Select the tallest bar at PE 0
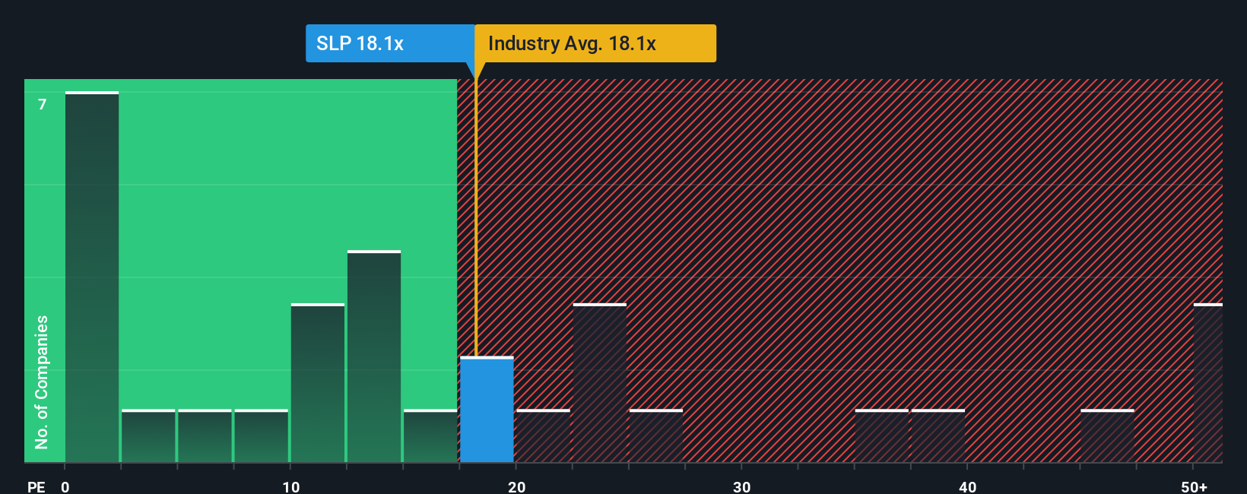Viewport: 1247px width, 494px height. (92, 277)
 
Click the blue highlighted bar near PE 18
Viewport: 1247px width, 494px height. (487, 410)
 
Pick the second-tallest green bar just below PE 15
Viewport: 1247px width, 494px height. (374, 357)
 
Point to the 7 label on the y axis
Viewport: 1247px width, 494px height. (43, 104)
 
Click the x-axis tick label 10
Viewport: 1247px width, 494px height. (290, 486)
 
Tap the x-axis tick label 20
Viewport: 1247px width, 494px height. (516, 486)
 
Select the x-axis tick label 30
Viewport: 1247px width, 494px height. (741, 486)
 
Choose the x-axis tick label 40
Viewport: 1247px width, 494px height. (967, 486)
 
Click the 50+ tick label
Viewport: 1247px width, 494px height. (1194, 486)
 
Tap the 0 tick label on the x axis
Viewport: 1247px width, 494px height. (65, 486)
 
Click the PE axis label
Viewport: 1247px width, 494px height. (36, 486)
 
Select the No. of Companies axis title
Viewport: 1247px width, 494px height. (42, 382)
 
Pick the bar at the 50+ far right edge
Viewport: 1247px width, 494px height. (1207, 383)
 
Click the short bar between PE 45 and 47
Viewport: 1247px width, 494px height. (1107, 436)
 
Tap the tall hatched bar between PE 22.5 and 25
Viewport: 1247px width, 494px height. (600, 383)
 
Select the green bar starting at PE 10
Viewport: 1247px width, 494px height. (318, 383)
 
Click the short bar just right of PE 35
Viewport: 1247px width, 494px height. (882, 436)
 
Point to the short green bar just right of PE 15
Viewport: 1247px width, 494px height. (430, 436)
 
